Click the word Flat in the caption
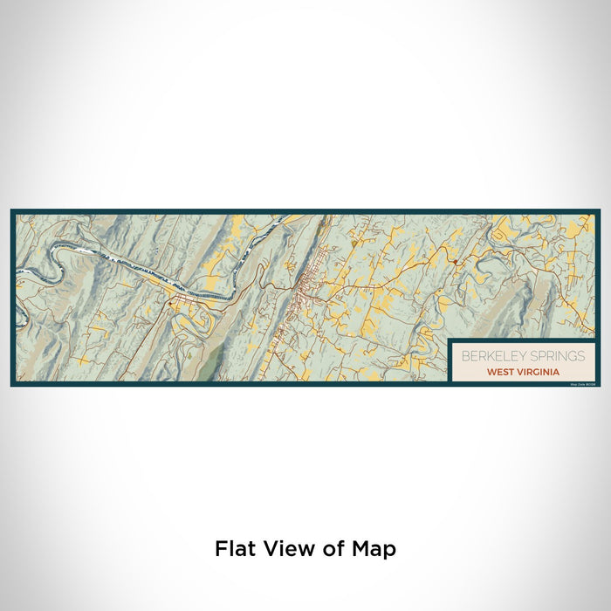234,549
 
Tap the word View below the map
285,549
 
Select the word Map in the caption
373,549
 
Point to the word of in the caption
330,549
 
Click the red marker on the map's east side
456,261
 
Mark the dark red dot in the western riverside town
170,304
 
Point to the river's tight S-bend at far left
44,262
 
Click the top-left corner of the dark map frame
12,210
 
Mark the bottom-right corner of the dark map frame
599,385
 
